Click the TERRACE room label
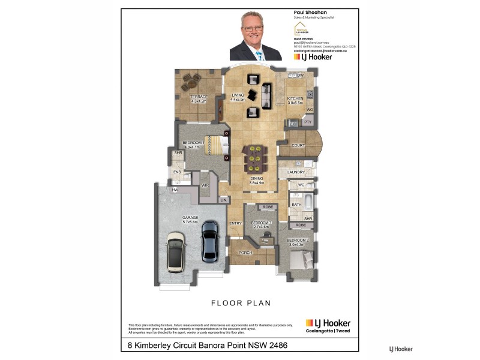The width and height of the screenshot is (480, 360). pyautogui.click(x=198, y=97)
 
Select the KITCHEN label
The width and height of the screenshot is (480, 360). pyautogui.click(x=295, y=98)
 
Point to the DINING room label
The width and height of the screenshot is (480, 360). pyautogui.click(x=257, y=179)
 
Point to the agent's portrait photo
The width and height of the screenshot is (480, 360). pyautogui.click(x=256, y=35)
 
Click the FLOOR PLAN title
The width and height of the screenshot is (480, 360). pyautogui.click(x=239, y=303)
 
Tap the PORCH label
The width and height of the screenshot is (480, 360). pyautogui.click(x=245, y=253)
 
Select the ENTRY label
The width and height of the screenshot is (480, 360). pyautogui.click(x=235, y=224)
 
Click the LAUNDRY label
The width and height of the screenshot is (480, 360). pyautogui.click(x=296, y=172)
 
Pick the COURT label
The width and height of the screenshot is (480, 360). pyautogui.click(x=298, y=145)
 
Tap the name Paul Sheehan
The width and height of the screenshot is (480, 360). pyautogui.click(x=310, y=13)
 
